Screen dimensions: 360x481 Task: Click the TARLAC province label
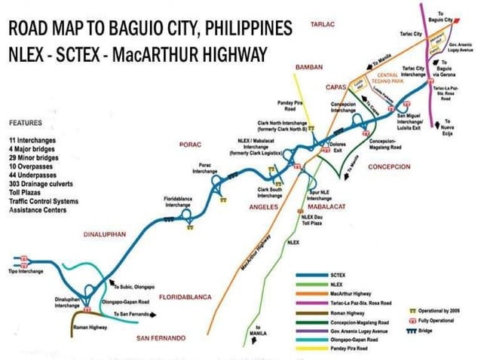click(322, 25)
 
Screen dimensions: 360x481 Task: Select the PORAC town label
click(188, 144)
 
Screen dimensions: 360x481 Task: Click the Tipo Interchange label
click(26, 271)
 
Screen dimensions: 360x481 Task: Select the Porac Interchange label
click(204, 168)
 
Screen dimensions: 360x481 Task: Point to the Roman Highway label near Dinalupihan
click(87, 328)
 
